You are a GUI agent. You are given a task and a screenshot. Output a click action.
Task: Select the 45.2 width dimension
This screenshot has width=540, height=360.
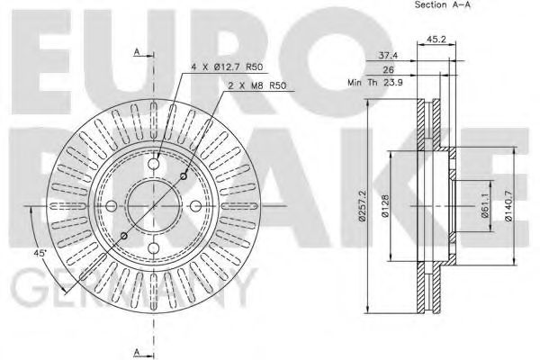pos(436,39)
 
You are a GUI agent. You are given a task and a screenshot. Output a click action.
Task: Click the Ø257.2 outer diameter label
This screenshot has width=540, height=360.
pos(361,206)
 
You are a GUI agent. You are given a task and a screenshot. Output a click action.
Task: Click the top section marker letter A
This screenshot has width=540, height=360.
pos(136,52)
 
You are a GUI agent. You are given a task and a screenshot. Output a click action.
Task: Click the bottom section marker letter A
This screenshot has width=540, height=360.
pos(136,350)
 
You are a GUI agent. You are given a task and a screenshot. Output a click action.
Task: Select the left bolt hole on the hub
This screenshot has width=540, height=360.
pos(112,208)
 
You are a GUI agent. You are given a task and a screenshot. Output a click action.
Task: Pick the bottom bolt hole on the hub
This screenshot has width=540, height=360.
pos(157,253)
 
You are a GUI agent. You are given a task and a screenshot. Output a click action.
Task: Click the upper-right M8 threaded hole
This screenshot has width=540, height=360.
pos(189,176)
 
